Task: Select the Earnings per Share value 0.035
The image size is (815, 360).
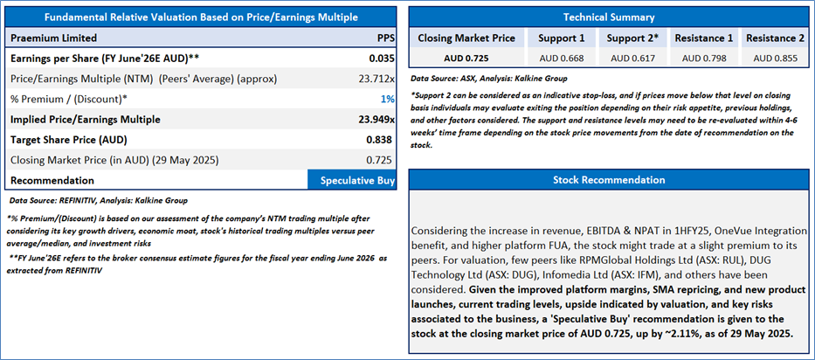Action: pyautogui.click(x=381, y=58)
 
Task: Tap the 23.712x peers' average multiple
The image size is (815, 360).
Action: pyautogui.click(x=377, y=79)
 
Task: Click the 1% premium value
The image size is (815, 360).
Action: pyautogui.click(x=388, y=99)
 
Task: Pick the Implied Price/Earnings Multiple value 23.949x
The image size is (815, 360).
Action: pyautogui.click(x=376, y=119)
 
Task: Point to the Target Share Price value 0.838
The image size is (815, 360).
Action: pyautogui.click(x=381, y=140)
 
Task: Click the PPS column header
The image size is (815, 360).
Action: pyautogui.click(x=385, y=38)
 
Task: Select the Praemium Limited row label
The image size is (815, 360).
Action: pyautogui.click(x=53, y=38)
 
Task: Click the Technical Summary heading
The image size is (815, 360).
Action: pyautogui.click(x=609, y=17)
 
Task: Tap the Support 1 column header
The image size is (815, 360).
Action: pyautogui.click(x=559, y=38)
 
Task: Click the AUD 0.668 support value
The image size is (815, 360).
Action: pyautogui.click(x=559, y=59)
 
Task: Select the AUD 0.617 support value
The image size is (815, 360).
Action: pyautogui.click(x=631, y=59)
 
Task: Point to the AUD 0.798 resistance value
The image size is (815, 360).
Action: pyautogui.click(x=703, y=59)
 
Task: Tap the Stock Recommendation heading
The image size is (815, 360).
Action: pyautogui.click(x=609, y=180)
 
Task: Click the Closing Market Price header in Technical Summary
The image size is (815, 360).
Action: pyautogui.click(x=466, y=38)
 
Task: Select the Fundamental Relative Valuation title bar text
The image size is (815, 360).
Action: pyautogui.click(x=201, y=17)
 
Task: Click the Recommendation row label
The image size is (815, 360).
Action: pyautogui.click(x=52, y=180)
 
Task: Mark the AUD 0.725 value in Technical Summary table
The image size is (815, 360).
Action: pyautogui.click(x=466, y=59)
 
